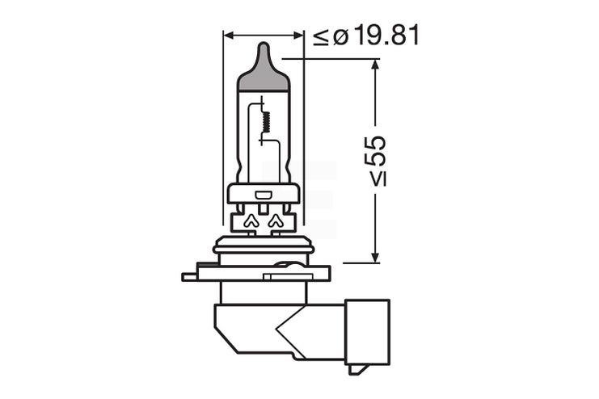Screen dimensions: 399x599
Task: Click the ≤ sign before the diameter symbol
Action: click(321, 36)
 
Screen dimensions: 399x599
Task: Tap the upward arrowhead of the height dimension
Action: click(374, 65)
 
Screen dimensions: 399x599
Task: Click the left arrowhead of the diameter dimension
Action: click(229, 36)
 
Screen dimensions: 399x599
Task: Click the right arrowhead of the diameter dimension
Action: click(298, 36)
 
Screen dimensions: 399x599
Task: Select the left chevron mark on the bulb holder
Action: click(250, 220)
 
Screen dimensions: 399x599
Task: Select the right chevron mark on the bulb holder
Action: click(276, 220)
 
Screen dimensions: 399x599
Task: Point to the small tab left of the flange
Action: click(189, 276)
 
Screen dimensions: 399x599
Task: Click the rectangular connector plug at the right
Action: click(369, 331)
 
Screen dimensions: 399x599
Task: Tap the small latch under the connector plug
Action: click(358, 369)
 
